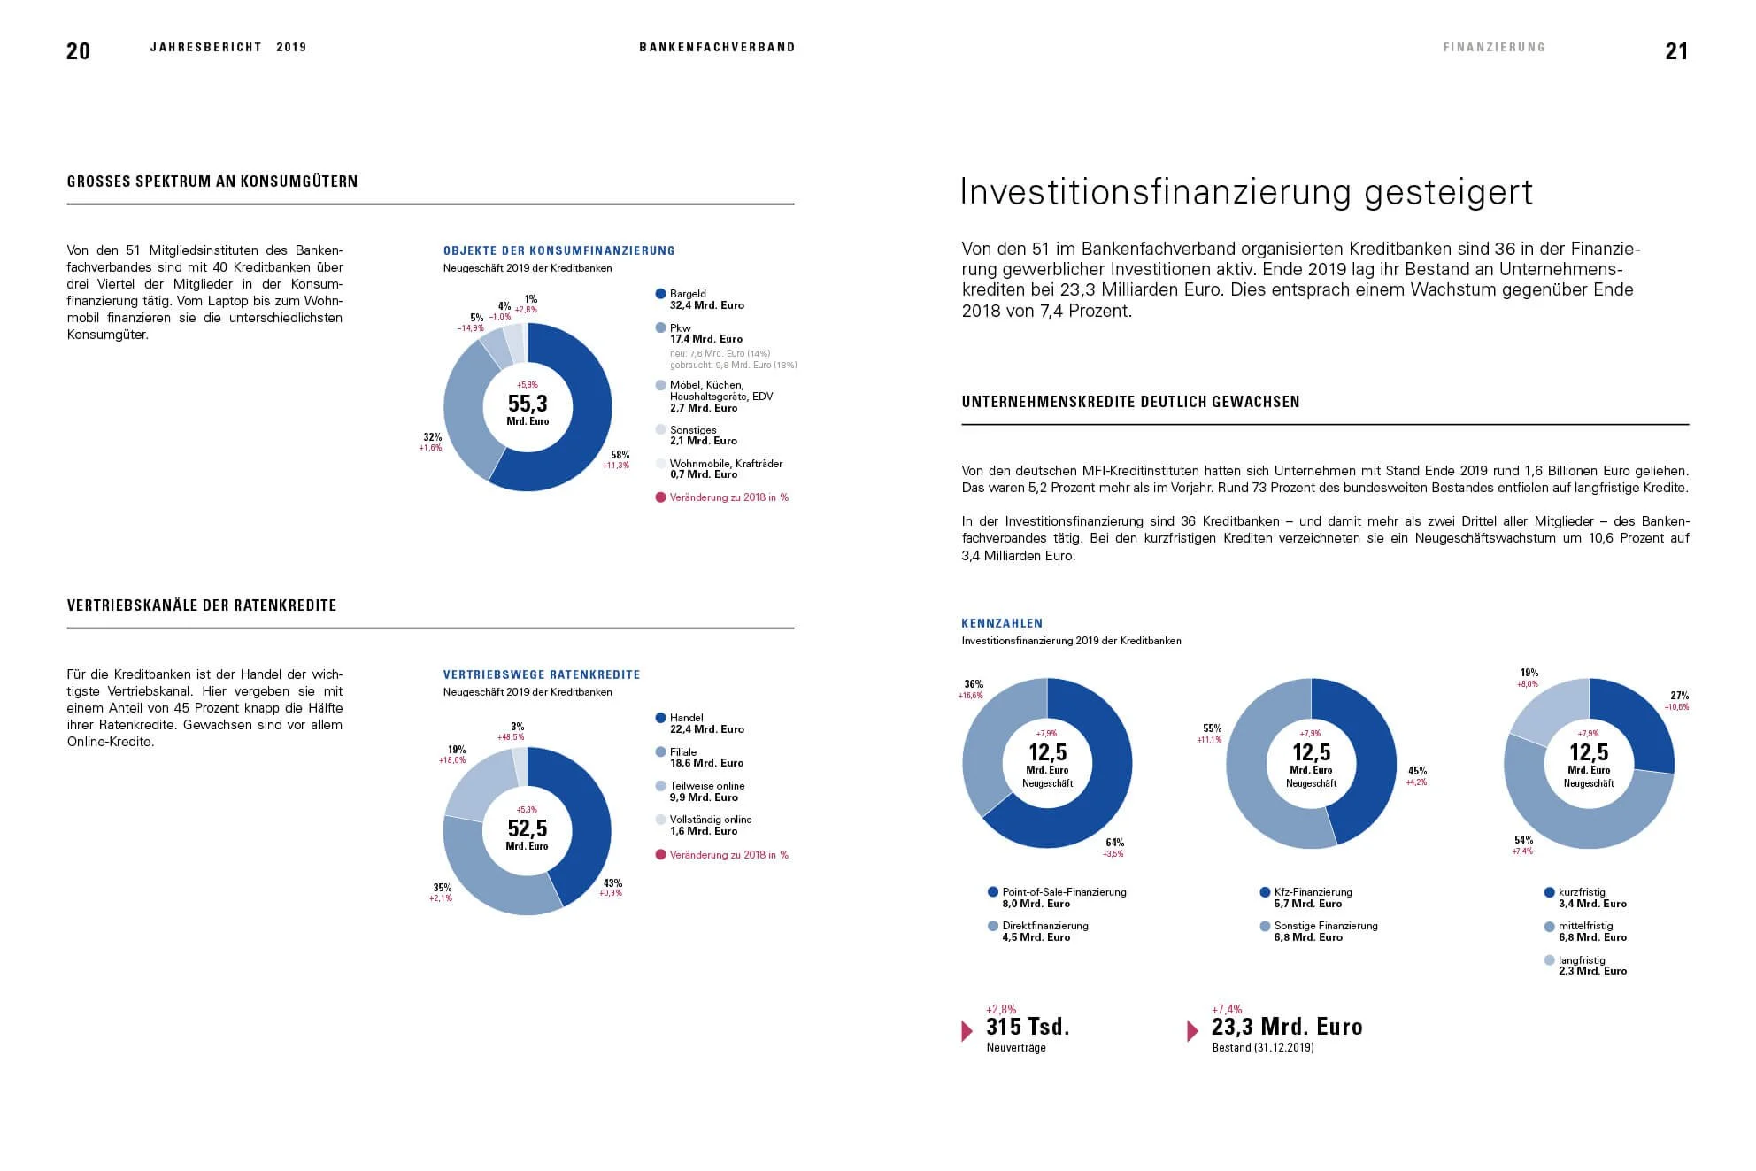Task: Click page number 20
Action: tap(78, 51)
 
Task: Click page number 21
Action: tap(1676, 51)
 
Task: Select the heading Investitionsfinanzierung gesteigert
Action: tap(1246, 192)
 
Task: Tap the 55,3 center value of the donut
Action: tap(528, 404)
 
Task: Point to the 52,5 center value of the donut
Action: tap(528, 828)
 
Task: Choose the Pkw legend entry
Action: tap(705, 334)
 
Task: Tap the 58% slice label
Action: tap(620, 455)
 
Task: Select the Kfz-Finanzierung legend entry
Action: tap(1312, 898)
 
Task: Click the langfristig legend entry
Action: tap(1590, 966)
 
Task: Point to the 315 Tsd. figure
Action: tap(1028, 1027)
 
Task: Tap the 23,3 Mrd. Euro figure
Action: tap(1286, 1027)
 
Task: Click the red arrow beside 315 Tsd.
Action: tap(967, 1031)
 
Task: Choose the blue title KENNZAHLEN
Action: tap(1002, 623)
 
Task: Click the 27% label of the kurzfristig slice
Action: tap(1679, 696)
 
